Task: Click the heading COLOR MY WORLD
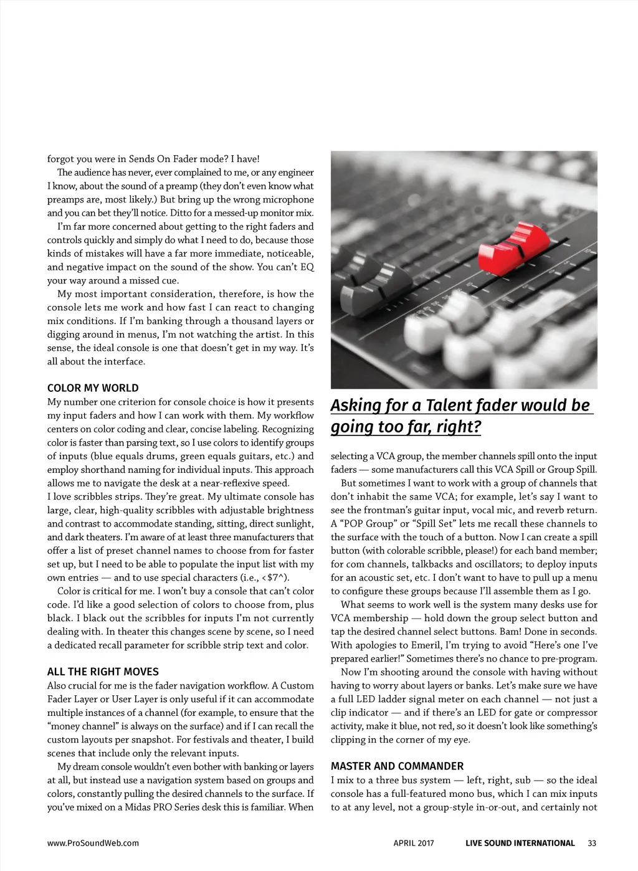click(x=93, y=388)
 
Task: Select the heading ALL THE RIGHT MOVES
click(x=103, y=672)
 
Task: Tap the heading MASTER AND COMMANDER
click(x=397, y=766)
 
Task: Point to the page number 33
click(x=592, y=844)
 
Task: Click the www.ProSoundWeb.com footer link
click(x=93, y=844)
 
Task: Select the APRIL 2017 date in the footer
click(x=414, y=844)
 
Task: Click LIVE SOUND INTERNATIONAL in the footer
click(x=520, y=844)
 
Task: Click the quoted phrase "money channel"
click(x=84, y=726)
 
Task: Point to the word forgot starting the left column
click(x=60, y=159)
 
